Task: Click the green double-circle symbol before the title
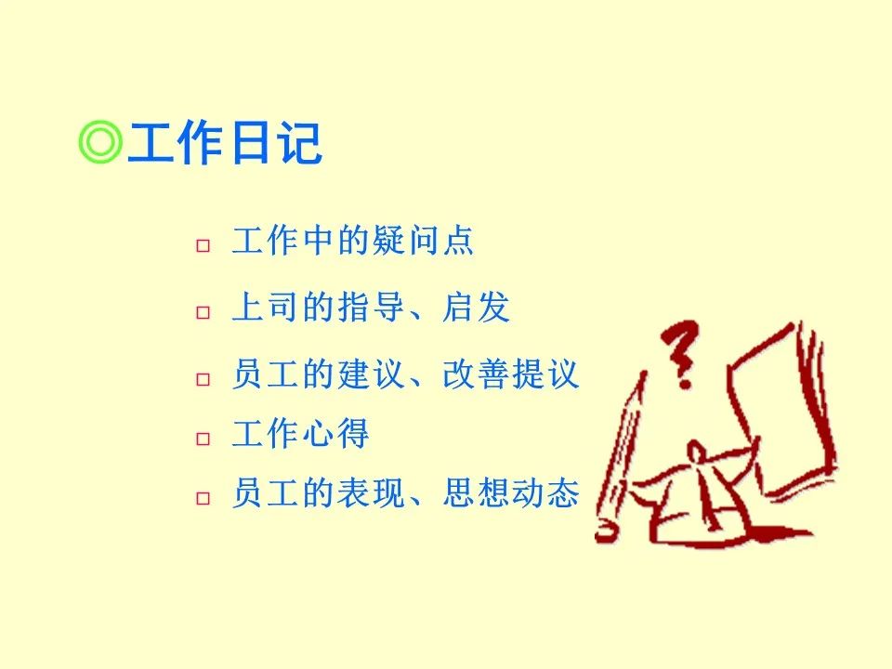tap(100, 141)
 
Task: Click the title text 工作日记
tap(225, 142)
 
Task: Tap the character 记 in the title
tap(300, 142)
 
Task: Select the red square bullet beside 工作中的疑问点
tap(203, 245)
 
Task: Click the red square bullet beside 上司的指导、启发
tap(203, 312)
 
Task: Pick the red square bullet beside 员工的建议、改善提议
tap(203, 379)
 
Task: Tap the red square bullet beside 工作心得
tap(203, 439)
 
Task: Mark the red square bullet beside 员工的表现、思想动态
tap(203, 498)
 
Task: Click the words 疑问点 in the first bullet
tap(423, 240)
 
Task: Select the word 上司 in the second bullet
tap(267, 307)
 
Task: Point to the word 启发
tap(476, 307)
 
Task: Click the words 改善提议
tap(510, 374)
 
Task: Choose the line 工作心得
tap(300, 434)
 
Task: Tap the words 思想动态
tap(510, 492)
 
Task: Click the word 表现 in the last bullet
tap(370, 492)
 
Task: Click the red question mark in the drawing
tap(681, 354)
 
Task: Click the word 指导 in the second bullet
tap(371, 307)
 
